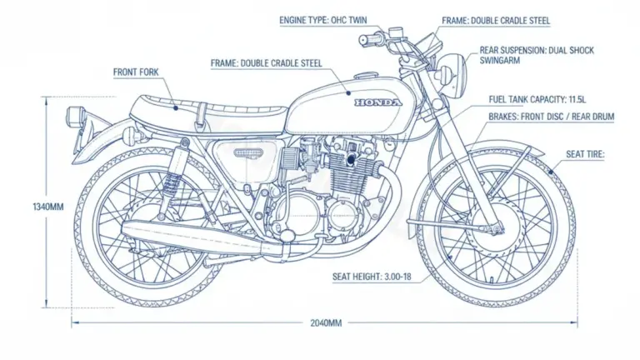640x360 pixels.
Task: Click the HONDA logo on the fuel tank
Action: pyautogui.click(x=377, y=102)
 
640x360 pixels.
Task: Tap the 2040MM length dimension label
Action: pyautogui.click(x=325, y=322)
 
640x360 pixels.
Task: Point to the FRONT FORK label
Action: pyautogui.click(x=137, y=72)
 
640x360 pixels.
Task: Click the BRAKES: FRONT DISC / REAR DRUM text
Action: pyautogui.click(x=551, y=118)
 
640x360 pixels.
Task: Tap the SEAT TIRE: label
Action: pyautogui.click(x=585, y=154)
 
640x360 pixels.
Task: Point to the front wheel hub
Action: pyautogui.click(x=497, y=222)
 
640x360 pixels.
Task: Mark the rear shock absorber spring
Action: pyautogui.click(x=174, y=179)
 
